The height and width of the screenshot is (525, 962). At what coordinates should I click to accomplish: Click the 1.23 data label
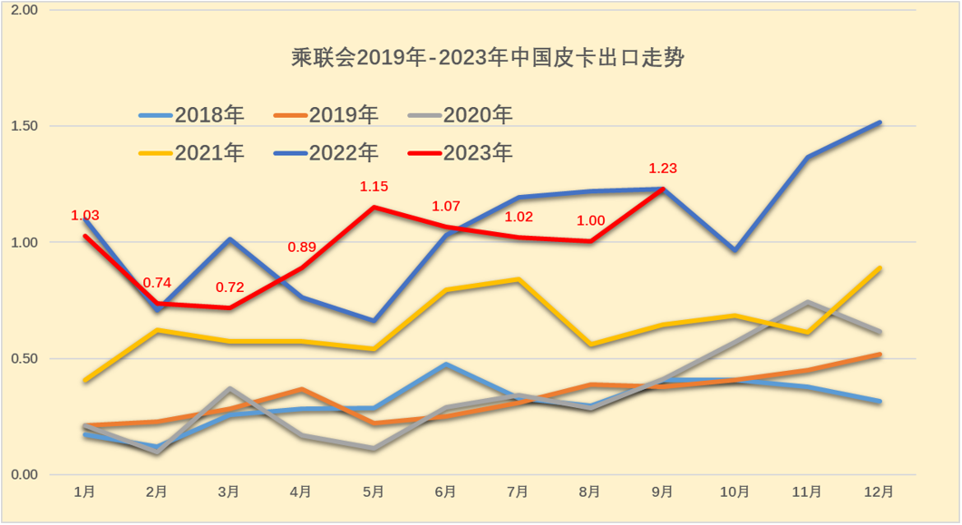[x=663, y=168]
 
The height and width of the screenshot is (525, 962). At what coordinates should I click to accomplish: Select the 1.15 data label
[x=374, y=186]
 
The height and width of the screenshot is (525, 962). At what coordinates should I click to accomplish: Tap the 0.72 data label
[x=229, y=287]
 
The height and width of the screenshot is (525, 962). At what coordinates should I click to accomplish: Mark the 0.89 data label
[x=302, y=247]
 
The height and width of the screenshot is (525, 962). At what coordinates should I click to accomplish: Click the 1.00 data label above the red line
[x=590, y=220]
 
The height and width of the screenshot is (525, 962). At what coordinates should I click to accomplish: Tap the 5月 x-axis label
[x=374, y=491]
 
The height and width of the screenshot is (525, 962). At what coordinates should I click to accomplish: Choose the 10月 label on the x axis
[x=734, y=491]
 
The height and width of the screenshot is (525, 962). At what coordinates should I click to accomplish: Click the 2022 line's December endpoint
[x=879, y=122]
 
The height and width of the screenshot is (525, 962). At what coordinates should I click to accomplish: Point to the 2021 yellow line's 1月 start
[x=85, y=380]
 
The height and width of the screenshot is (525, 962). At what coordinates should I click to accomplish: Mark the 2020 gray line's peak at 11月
[x=807, y=303]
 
